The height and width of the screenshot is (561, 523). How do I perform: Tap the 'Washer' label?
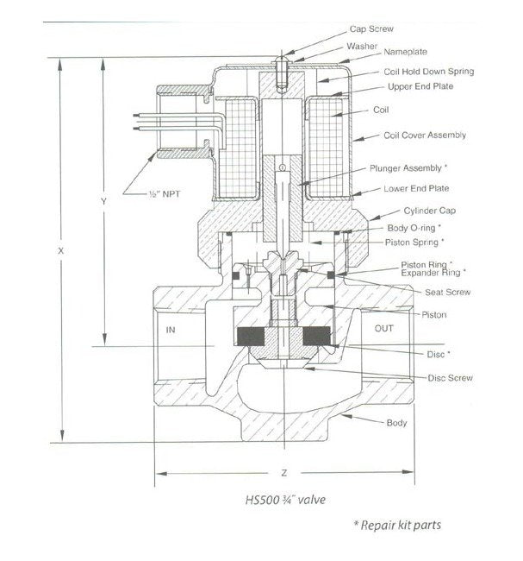pyautogui.click(x=363, y=46)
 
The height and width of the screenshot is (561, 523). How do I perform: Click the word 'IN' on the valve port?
pyautogui.click(x=172, y=330)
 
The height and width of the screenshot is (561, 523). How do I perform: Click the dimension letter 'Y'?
pyautogui.click(x=103, y=200)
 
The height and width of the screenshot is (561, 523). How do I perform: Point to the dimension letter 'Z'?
pyautogui.click(x=283, y=473)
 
